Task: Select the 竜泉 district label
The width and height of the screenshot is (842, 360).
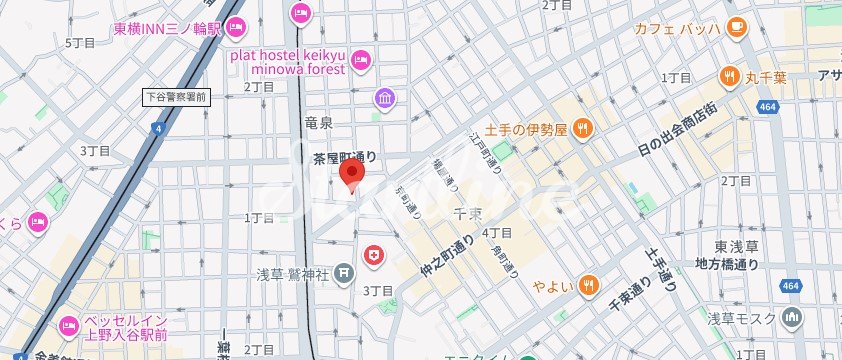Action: tap(318, 122)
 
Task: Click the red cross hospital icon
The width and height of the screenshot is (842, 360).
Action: tap(375, 256)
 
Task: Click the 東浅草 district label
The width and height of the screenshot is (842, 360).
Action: tap(735, 247)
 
